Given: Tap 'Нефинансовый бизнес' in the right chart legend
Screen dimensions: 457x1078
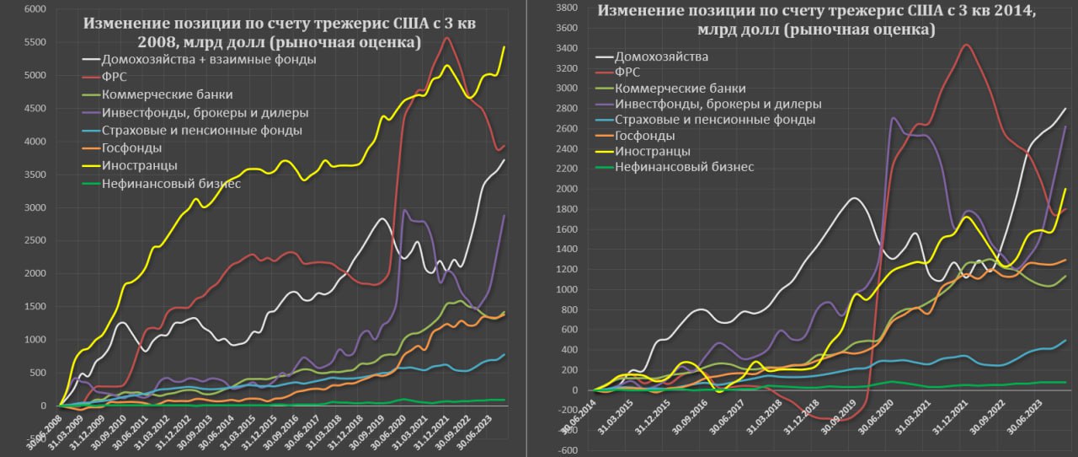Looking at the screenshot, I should coord(684,167).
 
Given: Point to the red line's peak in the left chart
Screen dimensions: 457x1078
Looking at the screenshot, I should coord(446,38).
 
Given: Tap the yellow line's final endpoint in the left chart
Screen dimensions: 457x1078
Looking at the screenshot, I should coord(504,47).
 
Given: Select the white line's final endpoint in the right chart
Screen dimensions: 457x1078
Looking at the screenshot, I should coord(1065,109).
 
